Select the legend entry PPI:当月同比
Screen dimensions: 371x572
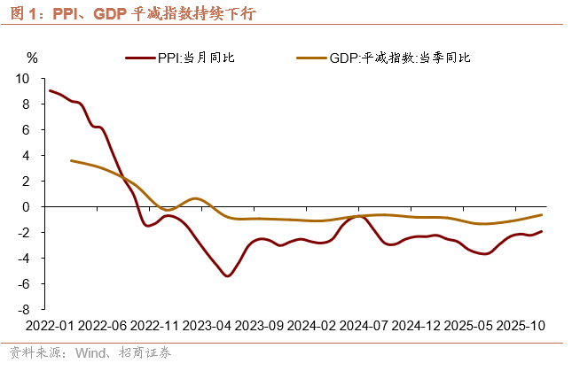(195, 58)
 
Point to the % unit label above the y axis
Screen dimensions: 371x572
(34, 58)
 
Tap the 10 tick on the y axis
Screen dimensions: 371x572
(23, 78)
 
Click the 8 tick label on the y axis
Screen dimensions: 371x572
(27, 104)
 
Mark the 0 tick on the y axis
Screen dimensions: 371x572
(27, 206)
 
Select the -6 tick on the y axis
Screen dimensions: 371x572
(24, 284)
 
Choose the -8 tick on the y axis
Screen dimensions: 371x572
(24, 310)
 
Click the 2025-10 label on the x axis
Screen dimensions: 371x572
(519, 325)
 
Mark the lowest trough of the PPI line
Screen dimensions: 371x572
(228, 276)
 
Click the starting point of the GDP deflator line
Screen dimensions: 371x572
(71, 160)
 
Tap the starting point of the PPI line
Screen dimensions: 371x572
(50, 90)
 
